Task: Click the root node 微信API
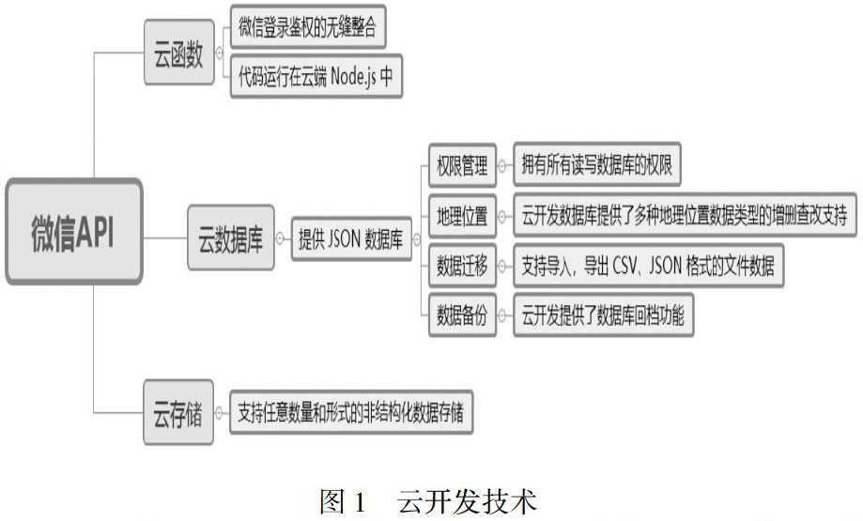pyautogui.click(x=73, y=232)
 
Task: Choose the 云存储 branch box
pyautogui.click(x=177, y=413)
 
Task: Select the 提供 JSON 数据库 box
pyautogui.click(x=350, y=238)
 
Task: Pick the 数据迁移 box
pyautogui.click(x=459, y=268)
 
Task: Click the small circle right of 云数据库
pyautogui.click(x=279, y=238)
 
